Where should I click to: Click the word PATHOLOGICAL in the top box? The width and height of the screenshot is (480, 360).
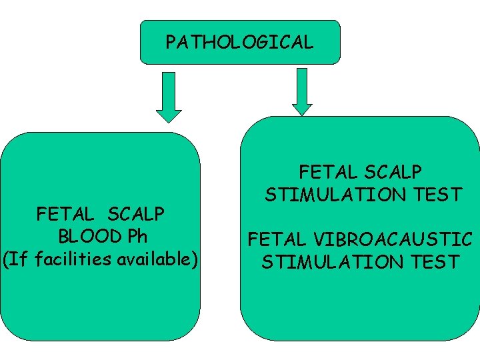tap(239, 43)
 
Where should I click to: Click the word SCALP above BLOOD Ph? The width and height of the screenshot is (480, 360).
tap(135, 215)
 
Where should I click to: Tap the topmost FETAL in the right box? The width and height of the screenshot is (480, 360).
tap(328, 172)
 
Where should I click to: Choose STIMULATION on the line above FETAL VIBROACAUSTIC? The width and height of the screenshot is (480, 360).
tap(335, 195)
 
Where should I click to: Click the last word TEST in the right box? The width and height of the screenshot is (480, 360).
tap(434, 261)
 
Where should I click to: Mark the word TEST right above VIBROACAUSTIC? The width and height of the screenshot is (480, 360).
tap(437, 195)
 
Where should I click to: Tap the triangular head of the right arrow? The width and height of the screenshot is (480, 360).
tap(302, 108)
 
